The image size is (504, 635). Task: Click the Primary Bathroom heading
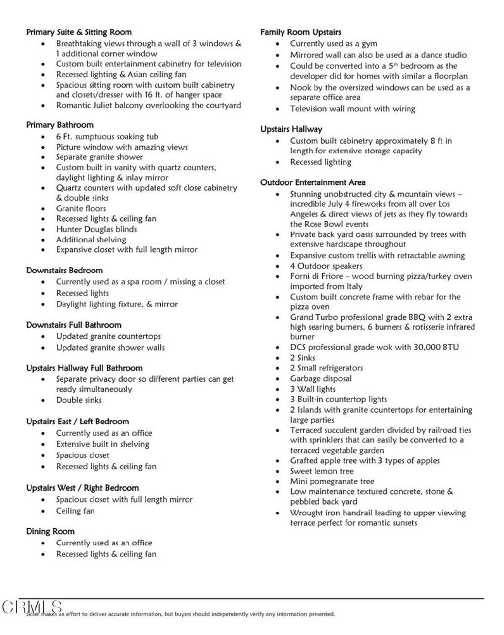tap(60, 125)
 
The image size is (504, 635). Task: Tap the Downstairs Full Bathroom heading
tap(73, 325)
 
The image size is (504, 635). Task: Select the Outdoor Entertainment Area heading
tap(313, 182)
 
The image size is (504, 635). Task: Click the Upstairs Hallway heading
tap(291, 129)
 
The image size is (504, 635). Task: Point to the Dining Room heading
tap(50, 531)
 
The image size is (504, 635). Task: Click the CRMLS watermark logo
tap(32, 607)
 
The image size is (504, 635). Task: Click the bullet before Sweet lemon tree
tap(279, 471)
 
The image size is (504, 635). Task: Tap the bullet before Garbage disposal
tap(279, 379)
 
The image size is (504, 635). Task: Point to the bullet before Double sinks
tap(44, 400)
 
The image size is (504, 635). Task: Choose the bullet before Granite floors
tap(44, 209)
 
